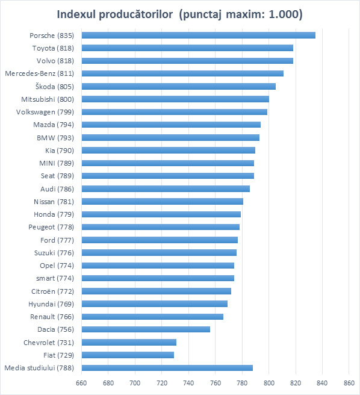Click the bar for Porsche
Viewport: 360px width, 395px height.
click(x=199, y=36)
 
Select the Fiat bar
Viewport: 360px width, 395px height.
click(x=128, y=355)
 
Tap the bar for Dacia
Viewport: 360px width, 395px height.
click(x=146, y=329)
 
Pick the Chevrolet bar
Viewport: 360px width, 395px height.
click(x=129, y=343)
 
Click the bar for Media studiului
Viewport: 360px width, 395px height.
click(x=167, y=368)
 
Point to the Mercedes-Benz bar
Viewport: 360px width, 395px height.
click(x=182, y=73)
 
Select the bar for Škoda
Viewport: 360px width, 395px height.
click(x=179, y=87)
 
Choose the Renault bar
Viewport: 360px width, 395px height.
click(x=152, y=317)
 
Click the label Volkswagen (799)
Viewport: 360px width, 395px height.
click(x=45, y=112)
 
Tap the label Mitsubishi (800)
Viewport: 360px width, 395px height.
click(x=48, y=99)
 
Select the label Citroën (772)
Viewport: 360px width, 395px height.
click(x=52, y=291)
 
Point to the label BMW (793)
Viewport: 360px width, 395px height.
click(x=55, y=138)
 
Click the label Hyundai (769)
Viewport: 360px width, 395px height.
click(x=51, y=304)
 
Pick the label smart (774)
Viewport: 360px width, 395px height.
click(x=55, y=278)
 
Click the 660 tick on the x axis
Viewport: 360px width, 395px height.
click(x=81, y=383)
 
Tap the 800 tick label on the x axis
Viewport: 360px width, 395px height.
click(x=269, y=383)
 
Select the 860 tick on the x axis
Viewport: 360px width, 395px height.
click(x=349, y=383)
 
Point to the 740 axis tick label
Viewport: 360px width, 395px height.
click(x=188, y=383)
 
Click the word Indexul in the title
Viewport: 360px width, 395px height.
click(x=76, y=14)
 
